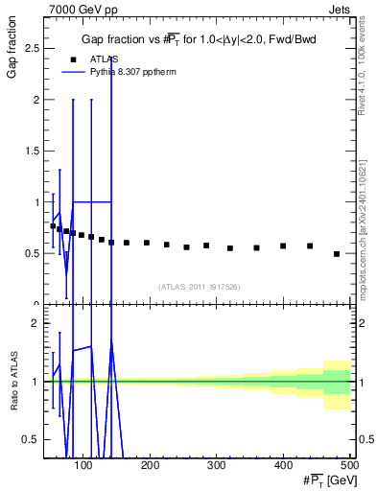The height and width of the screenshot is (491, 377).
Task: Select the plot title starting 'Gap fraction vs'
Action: (199, 39)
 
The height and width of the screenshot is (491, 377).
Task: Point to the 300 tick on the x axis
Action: (217, 465)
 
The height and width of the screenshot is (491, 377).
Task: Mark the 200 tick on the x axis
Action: (151, 465)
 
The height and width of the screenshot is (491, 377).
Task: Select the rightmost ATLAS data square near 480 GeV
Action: (337, 254)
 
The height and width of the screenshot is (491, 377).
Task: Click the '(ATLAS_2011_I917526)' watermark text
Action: (199, 287)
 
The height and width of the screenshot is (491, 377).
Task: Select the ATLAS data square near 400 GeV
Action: (283, 246)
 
